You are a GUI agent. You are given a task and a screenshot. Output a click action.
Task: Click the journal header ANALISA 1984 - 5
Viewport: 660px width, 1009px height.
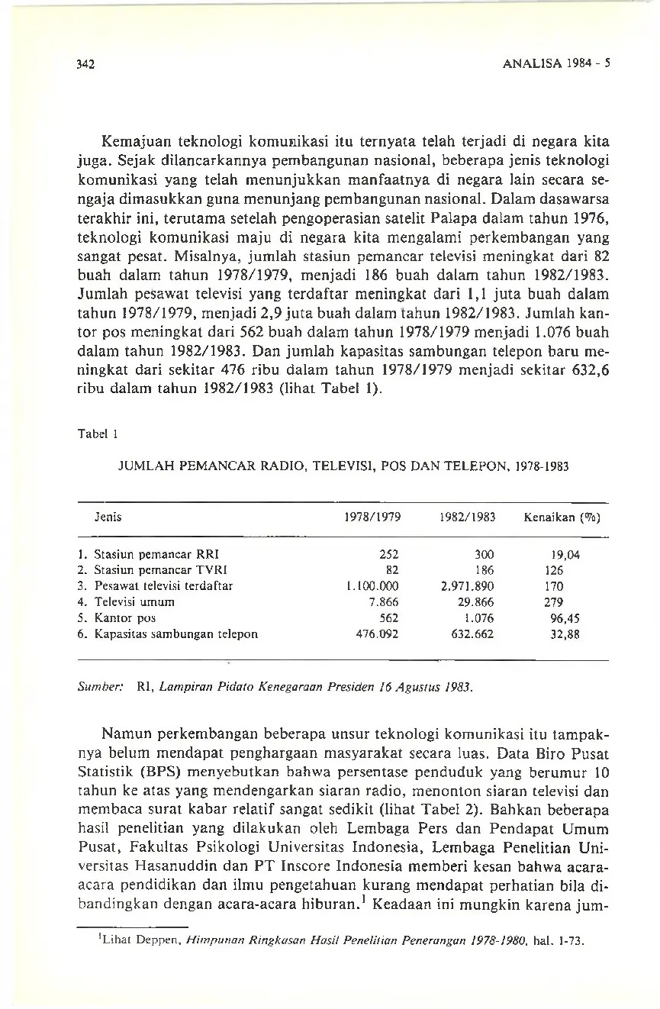click(x=559, y=65)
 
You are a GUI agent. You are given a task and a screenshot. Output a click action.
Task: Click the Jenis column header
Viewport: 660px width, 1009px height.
click(x=108, y=517)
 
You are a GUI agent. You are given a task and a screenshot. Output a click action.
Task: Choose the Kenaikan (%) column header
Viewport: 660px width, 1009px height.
click(x=561, y=517)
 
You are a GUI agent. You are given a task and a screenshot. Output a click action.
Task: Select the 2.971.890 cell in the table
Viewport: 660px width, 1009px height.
click(x=468, y=586)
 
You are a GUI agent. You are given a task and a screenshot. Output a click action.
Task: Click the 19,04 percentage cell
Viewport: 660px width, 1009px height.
click(x=565, y=555)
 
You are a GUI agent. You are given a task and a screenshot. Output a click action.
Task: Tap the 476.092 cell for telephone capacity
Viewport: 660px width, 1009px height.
click(x=378, y=633)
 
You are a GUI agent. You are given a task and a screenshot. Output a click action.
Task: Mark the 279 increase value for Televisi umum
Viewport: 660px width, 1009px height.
click(x=555, y=602)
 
